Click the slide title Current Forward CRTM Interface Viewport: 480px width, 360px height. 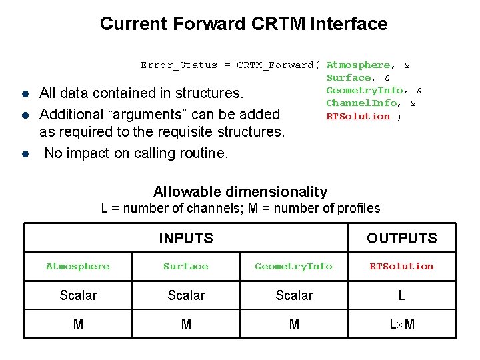coord(243,24)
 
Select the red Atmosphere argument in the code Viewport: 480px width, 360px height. coord(358,65)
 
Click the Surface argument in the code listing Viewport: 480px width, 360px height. coord(349,78)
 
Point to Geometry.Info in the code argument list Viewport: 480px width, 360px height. coord(365,91)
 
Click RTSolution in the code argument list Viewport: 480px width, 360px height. coord(358,116)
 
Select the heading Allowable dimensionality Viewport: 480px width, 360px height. coord(240,192)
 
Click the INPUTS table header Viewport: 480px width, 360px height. coord(186,238)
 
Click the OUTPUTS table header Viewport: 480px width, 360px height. coord(402,238)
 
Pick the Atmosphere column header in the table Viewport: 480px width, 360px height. coord(78,267)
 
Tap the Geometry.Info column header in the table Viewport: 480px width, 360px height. coord(293,267)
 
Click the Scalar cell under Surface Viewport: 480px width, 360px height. coord(186,295)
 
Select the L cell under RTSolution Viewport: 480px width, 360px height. coord(402,295)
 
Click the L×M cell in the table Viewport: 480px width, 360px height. coord(402,325)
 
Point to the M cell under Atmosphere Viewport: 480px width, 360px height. coord(78,325)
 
